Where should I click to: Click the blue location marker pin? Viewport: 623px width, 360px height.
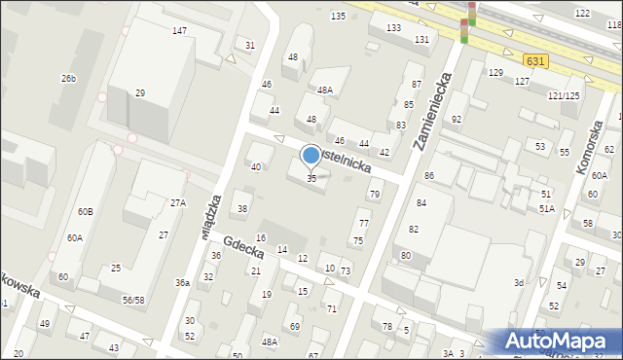coord(311,156)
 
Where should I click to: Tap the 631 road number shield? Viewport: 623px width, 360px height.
coord(533,60)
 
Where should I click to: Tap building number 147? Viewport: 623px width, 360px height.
coord(179,31)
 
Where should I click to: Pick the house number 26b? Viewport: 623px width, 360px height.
coord(68,78)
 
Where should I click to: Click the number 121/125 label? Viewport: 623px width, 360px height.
coord(564,95)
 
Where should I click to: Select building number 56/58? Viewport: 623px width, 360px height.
coord(133,300)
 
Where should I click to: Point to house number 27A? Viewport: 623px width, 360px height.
coord(178,203)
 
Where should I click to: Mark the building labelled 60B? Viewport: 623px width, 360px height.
coord(86,211)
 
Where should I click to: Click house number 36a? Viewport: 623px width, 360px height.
coord(182,282)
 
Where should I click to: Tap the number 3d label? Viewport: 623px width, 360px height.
coord(519,282)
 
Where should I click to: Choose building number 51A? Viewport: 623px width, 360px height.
coord(547,208)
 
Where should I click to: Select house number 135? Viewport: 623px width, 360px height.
coord(338,17)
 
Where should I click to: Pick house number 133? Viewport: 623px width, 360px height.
coord(393,27)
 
